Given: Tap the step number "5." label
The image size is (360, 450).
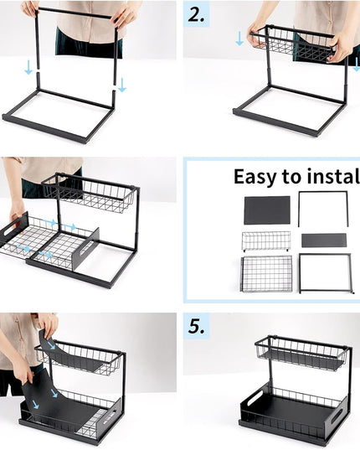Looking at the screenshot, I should coord(197,327).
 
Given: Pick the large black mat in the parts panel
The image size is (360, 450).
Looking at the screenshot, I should coord(266,209).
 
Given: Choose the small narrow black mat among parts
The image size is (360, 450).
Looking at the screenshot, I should coord(323,241).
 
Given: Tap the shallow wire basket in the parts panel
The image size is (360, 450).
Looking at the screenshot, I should coord(265,241).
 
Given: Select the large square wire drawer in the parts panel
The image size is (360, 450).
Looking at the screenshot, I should coord(266,273).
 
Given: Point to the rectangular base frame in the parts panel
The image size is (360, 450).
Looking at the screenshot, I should coord(324,273).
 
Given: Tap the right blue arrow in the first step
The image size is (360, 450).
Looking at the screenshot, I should coord(122,84).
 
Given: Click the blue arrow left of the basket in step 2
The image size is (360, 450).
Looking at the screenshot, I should coord(240,39).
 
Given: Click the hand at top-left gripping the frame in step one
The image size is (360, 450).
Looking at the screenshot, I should coord(31,8).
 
